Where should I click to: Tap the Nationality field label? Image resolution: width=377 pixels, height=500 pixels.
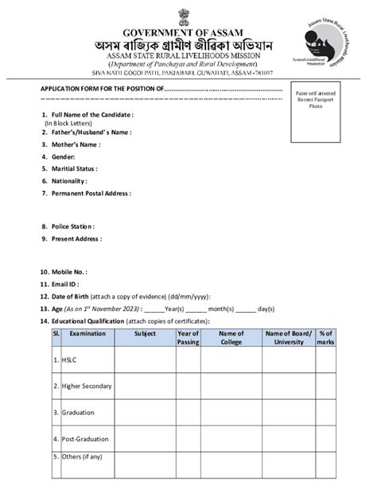[x=69, y=181]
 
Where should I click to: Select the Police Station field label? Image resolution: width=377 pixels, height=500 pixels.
[x=73, y=226]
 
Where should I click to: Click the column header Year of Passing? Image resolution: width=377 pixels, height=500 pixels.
[x=188, y=338]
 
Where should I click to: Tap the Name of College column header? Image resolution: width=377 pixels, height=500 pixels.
[x=231, y=338]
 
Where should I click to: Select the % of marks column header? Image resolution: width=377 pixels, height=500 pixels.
[x=325, y=338]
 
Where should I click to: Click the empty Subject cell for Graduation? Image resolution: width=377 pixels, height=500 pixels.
[x=145, y=413]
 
